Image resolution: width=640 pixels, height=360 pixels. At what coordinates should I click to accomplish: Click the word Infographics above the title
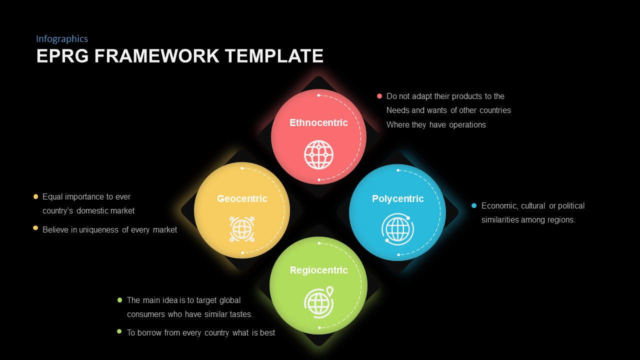(x=62, y=39)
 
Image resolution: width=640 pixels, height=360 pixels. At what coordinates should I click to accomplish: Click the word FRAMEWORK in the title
(x=156, y=56)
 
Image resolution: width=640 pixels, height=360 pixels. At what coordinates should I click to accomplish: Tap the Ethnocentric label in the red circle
(x=318, y=123)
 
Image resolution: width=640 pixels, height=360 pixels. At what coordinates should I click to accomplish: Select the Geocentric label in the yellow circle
(x=242, y=199)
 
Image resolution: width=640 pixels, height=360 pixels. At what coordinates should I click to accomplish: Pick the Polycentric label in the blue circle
(x=397, y=199)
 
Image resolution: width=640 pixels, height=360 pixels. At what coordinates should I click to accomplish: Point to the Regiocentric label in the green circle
(x=318, y=270)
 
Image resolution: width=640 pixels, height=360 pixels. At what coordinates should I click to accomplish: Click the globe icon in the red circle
(x=318, y=154)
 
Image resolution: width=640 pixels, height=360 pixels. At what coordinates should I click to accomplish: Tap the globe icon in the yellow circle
(x=242, y=229)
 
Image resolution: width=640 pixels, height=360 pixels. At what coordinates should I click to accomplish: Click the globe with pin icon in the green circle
(x=318, y=301)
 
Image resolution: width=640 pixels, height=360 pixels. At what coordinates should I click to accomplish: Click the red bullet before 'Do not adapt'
(x=379, y=96)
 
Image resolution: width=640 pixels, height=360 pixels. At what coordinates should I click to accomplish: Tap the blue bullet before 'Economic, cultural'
(x=474, y=205)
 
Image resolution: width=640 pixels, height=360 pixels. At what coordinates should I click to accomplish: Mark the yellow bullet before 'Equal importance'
(x=35, y=196)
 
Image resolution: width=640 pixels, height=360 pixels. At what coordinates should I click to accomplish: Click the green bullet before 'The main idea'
(x=119, y=300)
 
